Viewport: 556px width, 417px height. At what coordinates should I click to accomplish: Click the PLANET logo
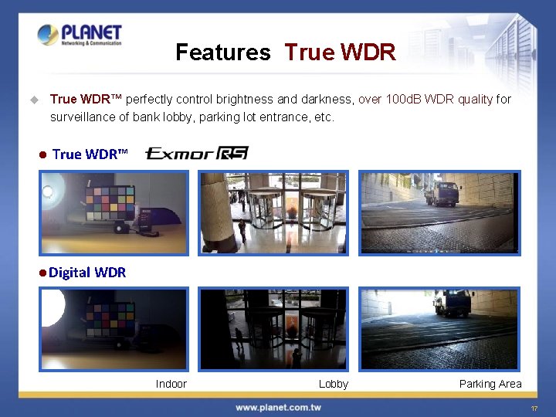(80, 36)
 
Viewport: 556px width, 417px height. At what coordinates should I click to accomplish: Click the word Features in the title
(223, 53)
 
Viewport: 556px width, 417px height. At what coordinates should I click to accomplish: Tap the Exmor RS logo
(197, 153)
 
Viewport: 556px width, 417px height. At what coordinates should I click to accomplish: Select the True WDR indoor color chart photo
(114, 212)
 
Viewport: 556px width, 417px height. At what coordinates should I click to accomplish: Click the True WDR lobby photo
(273, 212)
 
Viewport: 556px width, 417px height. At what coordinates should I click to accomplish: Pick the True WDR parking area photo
(439, 212)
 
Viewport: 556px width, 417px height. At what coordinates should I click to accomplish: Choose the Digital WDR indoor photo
(114, 329)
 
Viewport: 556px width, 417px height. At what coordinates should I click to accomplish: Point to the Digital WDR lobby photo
(273, 329)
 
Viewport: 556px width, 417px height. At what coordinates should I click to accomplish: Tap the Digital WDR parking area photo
(439, 329)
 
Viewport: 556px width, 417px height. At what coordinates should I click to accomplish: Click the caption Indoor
(171, 384)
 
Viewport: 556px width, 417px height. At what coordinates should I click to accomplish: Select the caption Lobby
(334, 384)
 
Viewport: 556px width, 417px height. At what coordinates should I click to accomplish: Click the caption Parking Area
(490, 384)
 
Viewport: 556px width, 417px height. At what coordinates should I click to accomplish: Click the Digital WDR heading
(87, 272)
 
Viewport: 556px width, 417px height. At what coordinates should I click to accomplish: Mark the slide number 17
(533, 408)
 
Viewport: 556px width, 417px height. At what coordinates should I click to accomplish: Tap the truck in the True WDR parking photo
(442, 193)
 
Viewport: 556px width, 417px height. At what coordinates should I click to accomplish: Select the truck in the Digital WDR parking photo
(453, 303)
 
